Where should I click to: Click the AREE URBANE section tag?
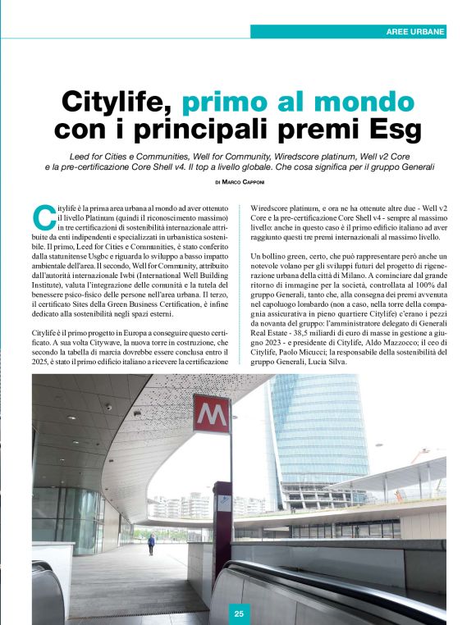[x=415, y=32]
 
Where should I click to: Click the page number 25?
[x=238, y=613]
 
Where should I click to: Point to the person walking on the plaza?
[x=150, y=544]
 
